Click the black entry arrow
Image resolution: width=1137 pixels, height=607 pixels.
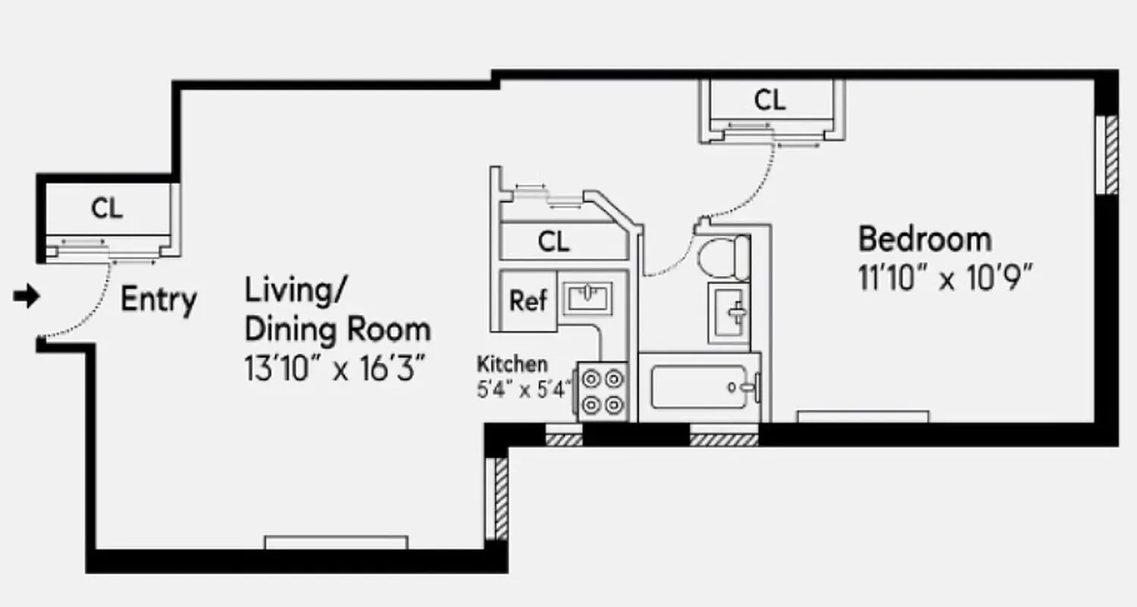pyautogui.click(x=27, y=297)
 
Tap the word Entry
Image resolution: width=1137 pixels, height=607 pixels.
pyautogui.click(x=158, y=300)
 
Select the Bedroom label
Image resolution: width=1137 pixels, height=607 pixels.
pyautogui.click(x=924, y=239)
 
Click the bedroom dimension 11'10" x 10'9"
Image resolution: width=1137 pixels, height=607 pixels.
pyautogui.click(x=946, y=278)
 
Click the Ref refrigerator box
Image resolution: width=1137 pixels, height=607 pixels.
pyautogui.click(x=528, y=300)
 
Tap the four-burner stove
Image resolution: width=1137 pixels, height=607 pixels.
pyautogui.click(x=603, y=392)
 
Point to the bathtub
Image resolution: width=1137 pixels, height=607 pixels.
pyautogui.click(x=701, y=387)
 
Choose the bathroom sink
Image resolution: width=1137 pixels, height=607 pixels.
pyautogui.click(x=728, y=312)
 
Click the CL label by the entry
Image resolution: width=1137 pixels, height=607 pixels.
pyautogui.click(x=107, y=209)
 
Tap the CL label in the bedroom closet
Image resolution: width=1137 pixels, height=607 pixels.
pyautogui.click(x=769, y=100)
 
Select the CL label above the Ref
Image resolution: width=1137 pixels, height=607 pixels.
pyautogui.click(x=553, y=242)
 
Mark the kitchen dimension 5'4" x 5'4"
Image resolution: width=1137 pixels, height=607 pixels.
pyautogui.click(x=524, y=392)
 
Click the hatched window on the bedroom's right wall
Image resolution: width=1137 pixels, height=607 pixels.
pyautogui.click(x=1110, y=154)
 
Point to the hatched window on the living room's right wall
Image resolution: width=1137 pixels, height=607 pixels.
pyautogui.click(x=501, y=497)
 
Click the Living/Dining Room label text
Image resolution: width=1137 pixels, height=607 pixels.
pyautogui.click(x=337, y=311)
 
